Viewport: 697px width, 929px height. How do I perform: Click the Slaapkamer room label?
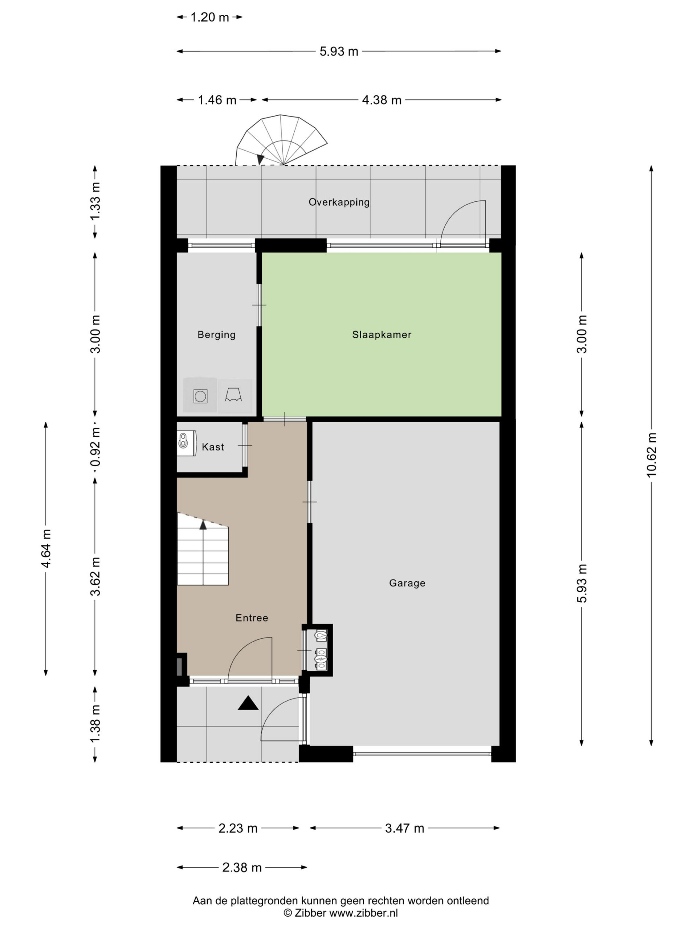[382, 335]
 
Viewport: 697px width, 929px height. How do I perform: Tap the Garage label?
[407, 583]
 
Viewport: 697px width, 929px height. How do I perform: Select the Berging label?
[216, 335]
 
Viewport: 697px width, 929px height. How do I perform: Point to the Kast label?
[213, 447]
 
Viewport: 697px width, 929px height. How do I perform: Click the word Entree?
[252, 618]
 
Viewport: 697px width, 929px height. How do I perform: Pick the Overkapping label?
[339, 202]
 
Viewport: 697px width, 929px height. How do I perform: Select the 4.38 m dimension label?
[382, 100]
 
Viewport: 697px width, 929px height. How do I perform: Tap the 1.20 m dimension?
[210, 17]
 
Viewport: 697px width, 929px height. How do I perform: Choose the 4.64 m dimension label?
[46, 548]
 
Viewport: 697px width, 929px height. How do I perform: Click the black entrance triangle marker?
[248, 703]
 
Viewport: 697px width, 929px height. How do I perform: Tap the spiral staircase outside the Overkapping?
[281, 140]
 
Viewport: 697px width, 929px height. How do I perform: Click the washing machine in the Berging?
[200, 396]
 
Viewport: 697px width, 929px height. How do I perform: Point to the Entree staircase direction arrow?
[203, 524]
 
